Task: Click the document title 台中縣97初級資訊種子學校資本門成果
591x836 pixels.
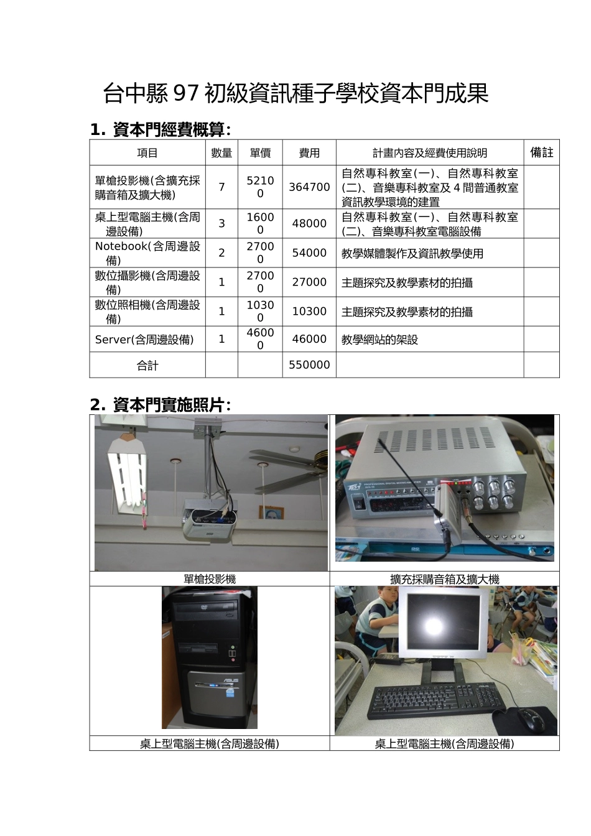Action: [x=295, y=94]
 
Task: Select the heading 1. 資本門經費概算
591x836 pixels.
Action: [x=161, y=129]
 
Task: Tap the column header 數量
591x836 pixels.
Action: [x=221, y=153]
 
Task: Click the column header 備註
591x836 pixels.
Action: [x=541, y=152]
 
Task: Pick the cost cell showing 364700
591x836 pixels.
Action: [x=309, y=187]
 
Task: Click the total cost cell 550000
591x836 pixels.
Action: [x=309, y=365]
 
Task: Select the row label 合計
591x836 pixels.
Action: [x=147, y=366]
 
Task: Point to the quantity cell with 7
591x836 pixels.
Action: [x=221, y=187]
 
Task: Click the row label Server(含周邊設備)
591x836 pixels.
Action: [x=144, y=340]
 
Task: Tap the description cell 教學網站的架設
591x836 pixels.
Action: [x=379, y=340]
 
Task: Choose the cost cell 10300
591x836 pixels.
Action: [x=309, y=311]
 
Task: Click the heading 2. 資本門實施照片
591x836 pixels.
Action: [x=161, y=405]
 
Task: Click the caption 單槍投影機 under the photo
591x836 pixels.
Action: [x=210, y=579]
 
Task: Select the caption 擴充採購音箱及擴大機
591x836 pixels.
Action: [x=444, y=579]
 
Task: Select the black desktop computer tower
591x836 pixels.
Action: [x=209, y=657]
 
